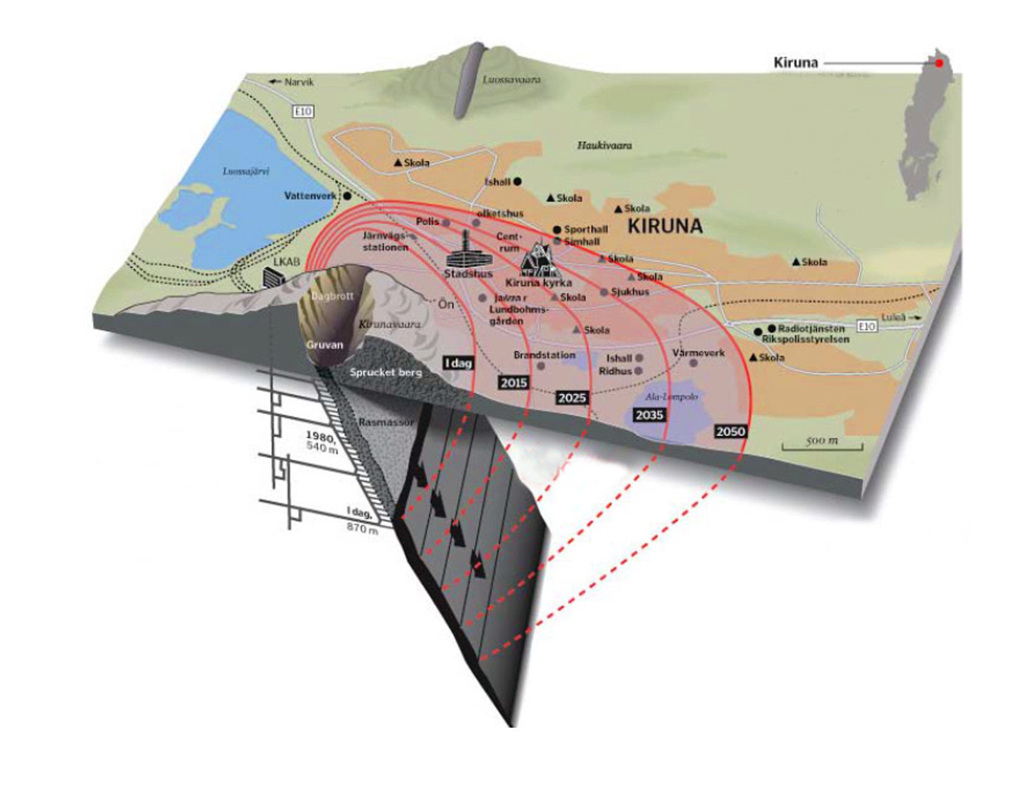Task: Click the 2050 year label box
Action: pyautogui.click(x=730, y=431)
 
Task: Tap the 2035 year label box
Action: pyautogui.click(x=649, y=415)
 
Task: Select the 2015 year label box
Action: pyautogui.click(x=514, y=383)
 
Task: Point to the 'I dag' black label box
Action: pyautogui.click(x=458, y=363)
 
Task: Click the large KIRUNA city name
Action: pyautogui.click(x=665, y=226)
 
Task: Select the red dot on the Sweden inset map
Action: pyautogui.click(x=940, y=63)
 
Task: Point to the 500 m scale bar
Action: pyautogui.click(x=822, y=443)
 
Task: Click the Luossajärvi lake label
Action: pyautogui.click(x=246, y=171)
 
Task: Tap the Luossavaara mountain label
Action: pyautogui.click(x=511, y=80)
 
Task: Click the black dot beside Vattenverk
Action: pyautogui.click(x=347, y=195)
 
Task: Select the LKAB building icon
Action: pyautogui.click(x=272, y=277)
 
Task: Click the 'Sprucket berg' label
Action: pyautogui.click(x=386, y=372)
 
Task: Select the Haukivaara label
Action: pyautogui.click(x=604, y=146)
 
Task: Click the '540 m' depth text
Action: pyautogui.click(x=321, y=448)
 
